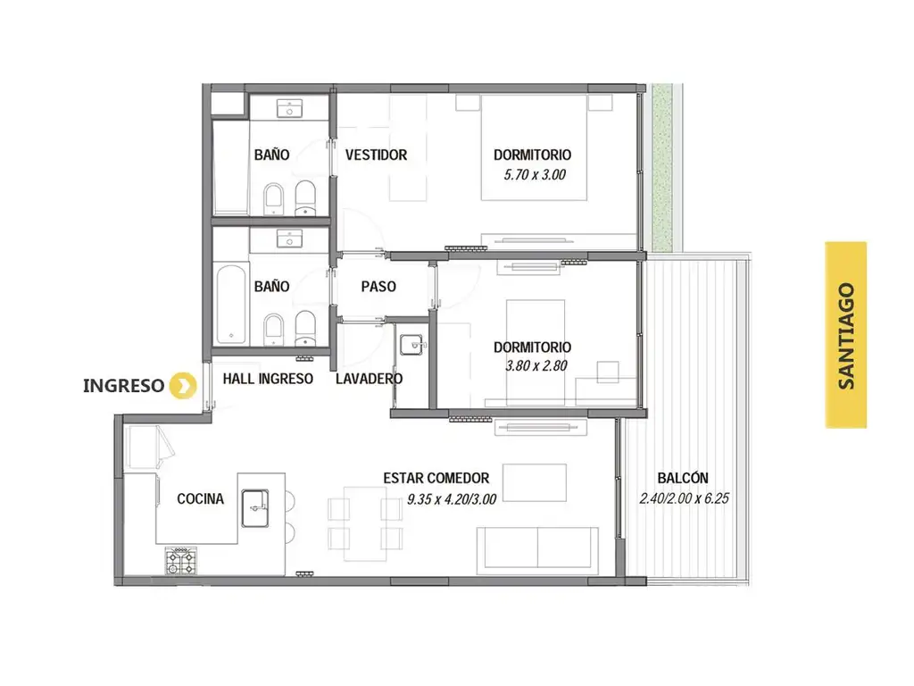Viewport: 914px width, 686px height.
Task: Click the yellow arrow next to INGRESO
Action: (183, 386)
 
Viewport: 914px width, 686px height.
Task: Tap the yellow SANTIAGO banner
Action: (846, 335)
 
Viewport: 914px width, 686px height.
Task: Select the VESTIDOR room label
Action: (376, 155)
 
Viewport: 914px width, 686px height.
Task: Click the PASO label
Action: (378, 287)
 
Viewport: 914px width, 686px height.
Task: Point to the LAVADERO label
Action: (369, 379)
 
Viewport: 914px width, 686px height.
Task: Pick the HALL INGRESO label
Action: (268, 379)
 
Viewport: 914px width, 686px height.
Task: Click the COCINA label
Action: (201, 498)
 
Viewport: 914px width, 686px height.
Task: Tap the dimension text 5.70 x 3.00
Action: (535, 174)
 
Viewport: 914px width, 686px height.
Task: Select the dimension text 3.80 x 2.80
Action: (536, 365)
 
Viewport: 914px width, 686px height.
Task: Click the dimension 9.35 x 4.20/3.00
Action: (452, 499)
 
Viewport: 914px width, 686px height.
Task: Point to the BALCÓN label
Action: (683, 478)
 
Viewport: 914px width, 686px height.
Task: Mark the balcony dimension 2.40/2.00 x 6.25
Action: (685, 498)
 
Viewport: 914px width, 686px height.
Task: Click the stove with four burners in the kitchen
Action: (180, 561)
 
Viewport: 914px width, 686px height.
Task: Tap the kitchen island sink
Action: (255, 508)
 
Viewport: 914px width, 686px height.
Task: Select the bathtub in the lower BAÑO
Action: (231, 305)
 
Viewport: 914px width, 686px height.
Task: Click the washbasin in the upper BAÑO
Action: (289, 108)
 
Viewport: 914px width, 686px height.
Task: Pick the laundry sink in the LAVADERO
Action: (412, 345)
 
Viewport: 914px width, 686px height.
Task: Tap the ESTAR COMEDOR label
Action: (436, 479)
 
